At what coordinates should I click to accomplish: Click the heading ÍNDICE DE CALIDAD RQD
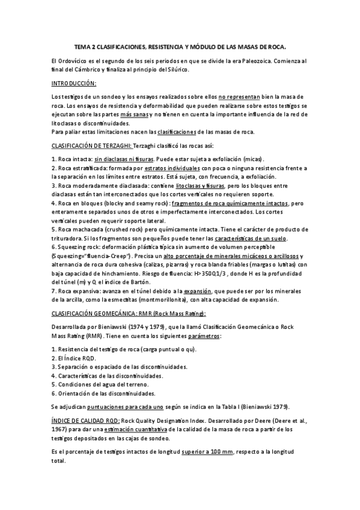coord(85,420)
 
